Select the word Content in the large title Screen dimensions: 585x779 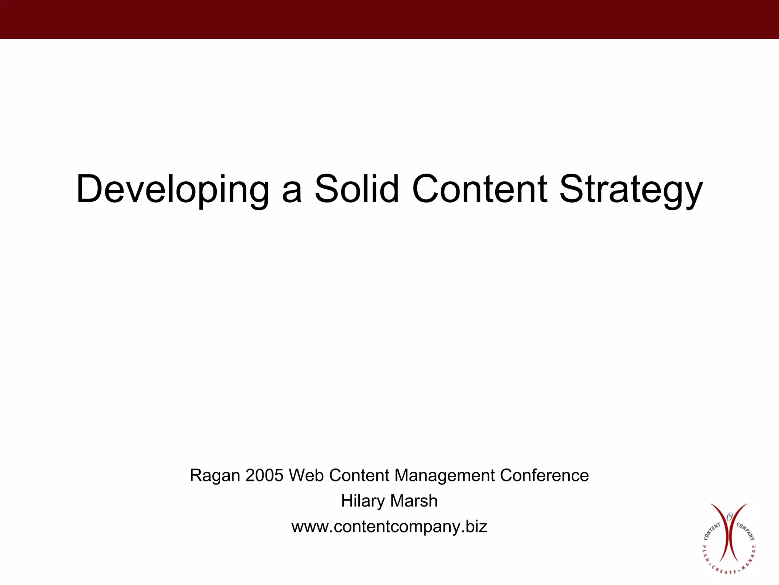click(x=480, y=189)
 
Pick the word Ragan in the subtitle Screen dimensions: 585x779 click(x=215, y=476)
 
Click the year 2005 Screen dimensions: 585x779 click(x=264, y=475)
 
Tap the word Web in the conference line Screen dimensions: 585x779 click(x=306, y=475)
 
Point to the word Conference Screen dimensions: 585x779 click(x=544, y=475)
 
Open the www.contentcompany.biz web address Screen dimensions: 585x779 click(x=389, y=527)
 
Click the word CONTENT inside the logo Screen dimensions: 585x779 click(x=711, y=532)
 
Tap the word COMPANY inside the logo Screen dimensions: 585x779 click(x=746, y=531)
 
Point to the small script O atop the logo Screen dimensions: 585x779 click(x=729, y=517)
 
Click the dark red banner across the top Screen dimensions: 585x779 click(x=389, y=19)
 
